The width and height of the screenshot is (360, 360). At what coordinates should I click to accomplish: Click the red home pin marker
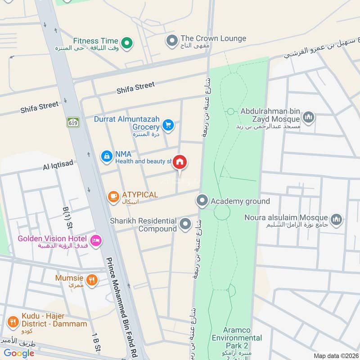point(180,162)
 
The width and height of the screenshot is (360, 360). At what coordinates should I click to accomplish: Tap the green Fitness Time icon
point(128,43)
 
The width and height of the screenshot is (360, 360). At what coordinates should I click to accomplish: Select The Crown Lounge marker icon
point(171,42)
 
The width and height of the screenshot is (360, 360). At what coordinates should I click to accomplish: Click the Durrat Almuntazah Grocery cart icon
point(168,125)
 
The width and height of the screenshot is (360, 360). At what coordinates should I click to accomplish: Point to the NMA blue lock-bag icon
point(106,156)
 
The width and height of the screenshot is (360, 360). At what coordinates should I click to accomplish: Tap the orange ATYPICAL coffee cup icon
point(112,196)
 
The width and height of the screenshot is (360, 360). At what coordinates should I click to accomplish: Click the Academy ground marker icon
point(202,201)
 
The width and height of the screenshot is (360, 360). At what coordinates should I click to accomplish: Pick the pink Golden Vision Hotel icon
point(95,241)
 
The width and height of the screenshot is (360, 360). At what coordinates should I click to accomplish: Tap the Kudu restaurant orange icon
point(13,322)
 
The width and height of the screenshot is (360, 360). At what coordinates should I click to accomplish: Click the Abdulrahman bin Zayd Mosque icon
point(308,118)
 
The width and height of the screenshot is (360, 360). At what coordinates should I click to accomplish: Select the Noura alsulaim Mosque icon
point(336,220)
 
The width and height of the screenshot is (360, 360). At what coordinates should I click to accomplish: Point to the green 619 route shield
point(73,122)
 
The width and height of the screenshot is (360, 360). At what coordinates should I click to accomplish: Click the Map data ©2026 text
point(335,355)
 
